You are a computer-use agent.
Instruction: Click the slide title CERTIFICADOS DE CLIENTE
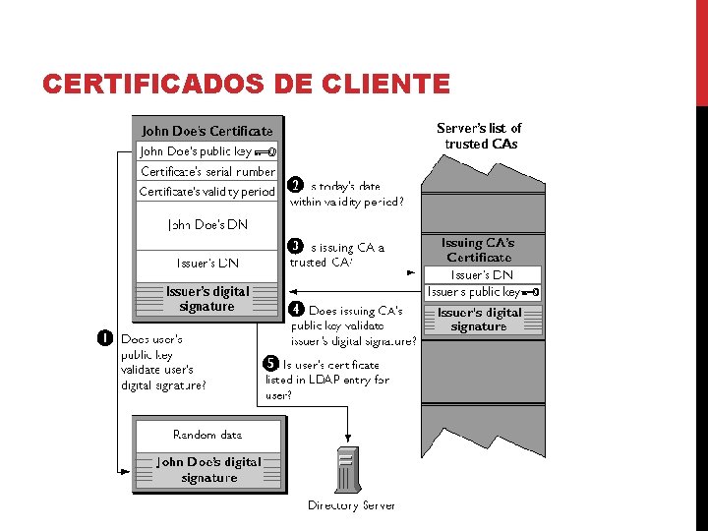coord(246,85)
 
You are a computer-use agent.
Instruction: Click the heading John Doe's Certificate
coord(207,130)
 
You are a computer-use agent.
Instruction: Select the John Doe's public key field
coord(207,151)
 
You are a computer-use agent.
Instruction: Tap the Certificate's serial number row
coord(207,171)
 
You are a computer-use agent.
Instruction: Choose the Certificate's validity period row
coord(207,192)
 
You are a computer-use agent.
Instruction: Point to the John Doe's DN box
coord(207,224)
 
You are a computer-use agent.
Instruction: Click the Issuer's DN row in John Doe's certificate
coord(207,264)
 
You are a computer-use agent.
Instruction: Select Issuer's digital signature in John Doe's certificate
coord(207,299)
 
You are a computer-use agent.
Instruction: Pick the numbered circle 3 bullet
coord(294,245)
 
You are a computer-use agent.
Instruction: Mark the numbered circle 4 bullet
coord(294,309)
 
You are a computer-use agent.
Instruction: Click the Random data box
coord(207,434)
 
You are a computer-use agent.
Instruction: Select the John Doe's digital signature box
coord(208,469)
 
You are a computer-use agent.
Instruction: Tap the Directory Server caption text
coord(351,505)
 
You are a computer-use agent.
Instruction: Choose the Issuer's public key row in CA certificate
coord(482,292)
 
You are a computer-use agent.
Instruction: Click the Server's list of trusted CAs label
coord(479,136)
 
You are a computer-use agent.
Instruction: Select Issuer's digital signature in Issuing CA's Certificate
coord(479,320)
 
